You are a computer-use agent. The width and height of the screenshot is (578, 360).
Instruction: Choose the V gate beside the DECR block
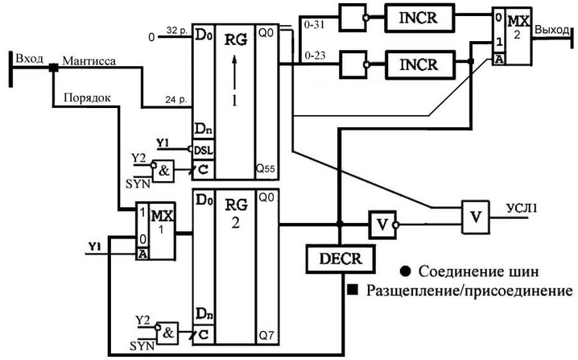(x=380, y=224)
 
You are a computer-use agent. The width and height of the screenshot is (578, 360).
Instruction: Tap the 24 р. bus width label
(x=176, y=100)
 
